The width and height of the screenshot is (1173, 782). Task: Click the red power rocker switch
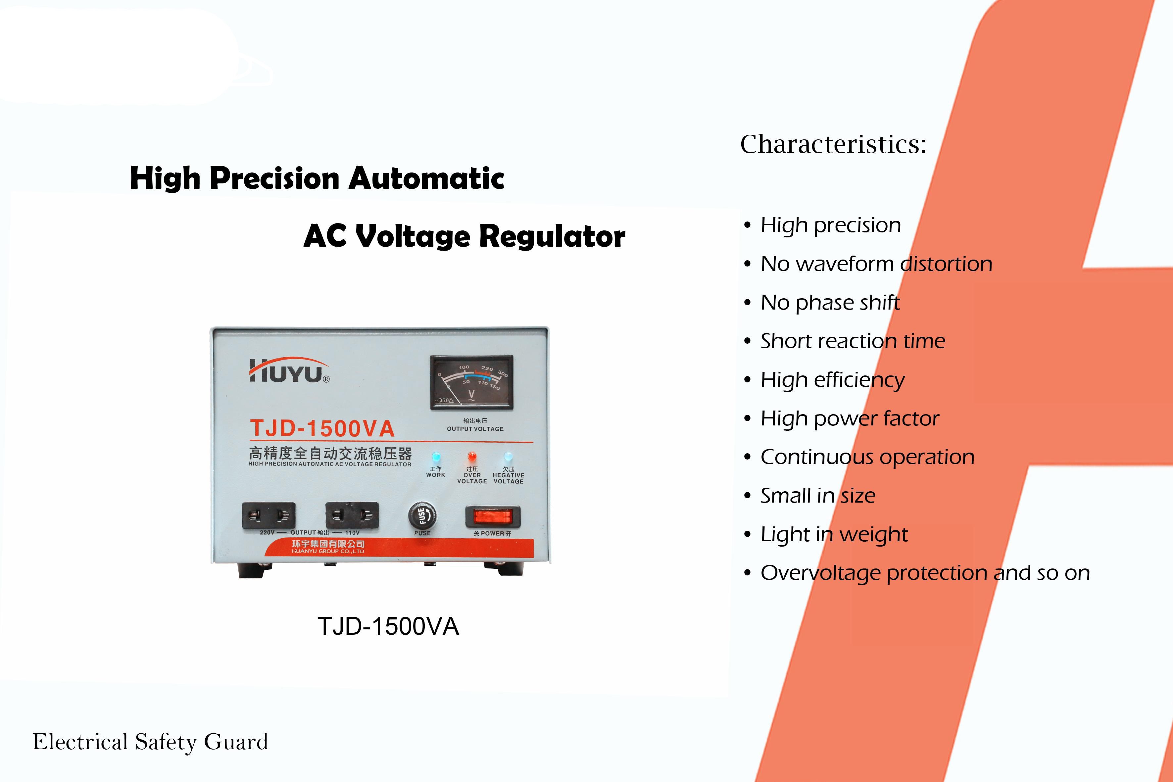pyautogui.click(x=493, y=517)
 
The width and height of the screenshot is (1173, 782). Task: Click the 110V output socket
pyautogui.click(x=352, y=515)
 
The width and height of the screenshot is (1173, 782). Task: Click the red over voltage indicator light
pyautogui.click(x=472, y=457)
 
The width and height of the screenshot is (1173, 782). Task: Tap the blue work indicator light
pyautogui.click(x=436, y=457)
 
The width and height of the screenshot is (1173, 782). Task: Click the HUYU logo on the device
pyautogui.click(x=289, y=370)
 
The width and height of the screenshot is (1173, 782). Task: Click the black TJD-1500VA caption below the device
pyautogui.click(x=388, y=626)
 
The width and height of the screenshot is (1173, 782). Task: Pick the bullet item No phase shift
pyautogui.click(x=830, y=303)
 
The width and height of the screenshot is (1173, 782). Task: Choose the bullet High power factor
pyautogui.click(x=849, y=419)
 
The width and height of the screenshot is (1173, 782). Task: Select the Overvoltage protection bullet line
pyautogui.click(x=925, y=573)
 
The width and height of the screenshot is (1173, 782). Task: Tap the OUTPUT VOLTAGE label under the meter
pyautogui.click(x=475, y=429)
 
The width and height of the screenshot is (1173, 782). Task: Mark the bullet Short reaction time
pyautogui.click(x=852, y=341)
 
